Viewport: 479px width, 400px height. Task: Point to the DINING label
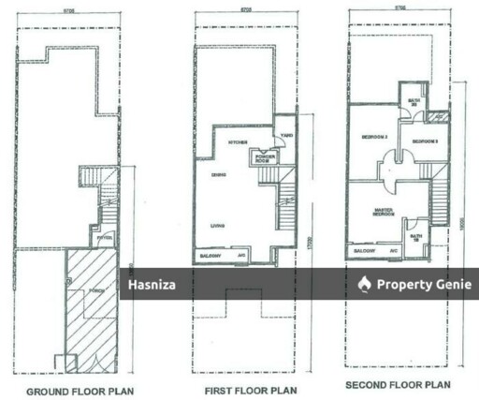218,175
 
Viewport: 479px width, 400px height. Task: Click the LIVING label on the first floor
217,225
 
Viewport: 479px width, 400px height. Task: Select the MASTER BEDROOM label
384,211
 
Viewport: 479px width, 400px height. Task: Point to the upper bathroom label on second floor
413,102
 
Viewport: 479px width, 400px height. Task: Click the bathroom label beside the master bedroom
416,237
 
